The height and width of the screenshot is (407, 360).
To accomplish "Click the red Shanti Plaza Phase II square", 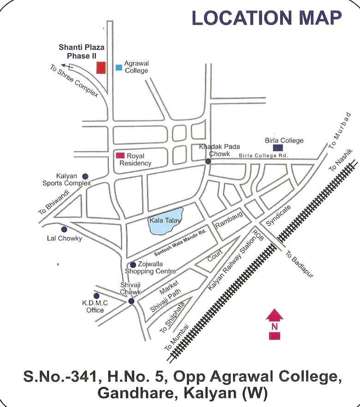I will [101, 67].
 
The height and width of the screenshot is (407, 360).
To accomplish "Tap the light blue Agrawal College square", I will [119, 67].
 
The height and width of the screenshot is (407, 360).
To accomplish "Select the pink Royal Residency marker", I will [120, 156].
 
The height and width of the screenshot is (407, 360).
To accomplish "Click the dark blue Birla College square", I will [278, 148].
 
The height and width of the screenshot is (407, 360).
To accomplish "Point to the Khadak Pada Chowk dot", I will [208, 161].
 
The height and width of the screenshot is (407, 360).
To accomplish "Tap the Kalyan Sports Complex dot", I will [85, 176].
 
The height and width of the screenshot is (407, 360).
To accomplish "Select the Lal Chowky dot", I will [64, 229].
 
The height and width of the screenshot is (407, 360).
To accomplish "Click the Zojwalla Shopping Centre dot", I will [133, 265].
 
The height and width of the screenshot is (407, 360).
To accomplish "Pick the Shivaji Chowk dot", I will [131, 301].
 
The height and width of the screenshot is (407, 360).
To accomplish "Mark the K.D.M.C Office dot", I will [96, 296].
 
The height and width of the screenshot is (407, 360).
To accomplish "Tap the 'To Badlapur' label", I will [299, 264].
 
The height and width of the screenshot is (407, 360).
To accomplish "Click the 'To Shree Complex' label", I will [74, 80].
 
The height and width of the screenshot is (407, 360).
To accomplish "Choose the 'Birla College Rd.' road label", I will [263, 156].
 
